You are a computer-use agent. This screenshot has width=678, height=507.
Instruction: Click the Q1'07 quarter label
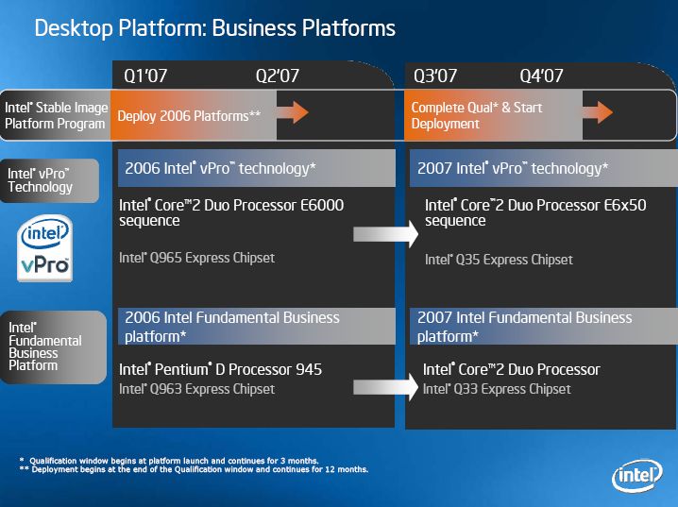pyautogui.click(x=145, y=76)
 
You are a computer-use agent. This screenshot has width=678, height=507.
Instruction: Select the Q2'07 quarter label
pyautogui.click(x=278, y=76)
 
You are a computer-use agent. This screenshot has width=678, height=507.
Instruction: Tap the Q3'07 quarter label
pyautogui.click(x=435, y=76)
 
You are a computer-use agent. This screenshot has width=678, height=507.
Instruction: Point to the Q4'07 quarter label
pyautogui.click(x=541, y=76)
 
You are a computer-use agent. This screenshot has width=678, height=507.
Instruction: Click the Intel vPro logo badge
pyautogui.click(x=45, y=248)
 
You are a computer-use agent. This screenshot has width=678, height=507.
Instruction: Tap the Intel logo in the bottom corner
pyautogui.click(x=637, y=476)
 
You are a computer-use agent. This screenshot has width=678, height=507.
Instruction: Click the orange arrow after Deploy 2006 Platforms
pyautogui.click(x=293, y=112)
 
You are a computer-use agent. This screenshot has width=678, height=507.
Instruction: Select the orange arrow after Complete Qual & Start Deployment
pyautogui.click(x=598, y=112)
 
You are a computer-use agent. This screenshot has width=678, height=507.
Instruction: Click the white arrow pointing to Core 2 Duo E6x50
pyautogui.click(x=385, y=234)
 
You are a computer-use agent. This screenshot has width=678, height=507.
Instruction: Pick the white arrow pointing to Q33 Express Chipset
pyautogui.click(x=385, y=387)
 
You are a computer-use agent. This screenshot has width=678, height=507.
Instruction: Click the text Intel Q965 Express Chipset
pyautogui.click(x=196, y=258)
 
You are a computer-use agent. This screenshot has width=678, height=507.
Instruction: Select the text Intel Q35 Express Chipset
pyautogui.click(x=499, y=260)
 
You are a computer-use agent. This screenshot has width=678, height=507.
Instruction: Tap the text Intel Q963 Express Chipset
pyautogui.click(x=196, y=389)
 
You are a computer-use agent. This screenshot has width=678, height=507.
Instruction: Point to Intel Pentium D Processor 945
pyautogui.click(x=220, y=369)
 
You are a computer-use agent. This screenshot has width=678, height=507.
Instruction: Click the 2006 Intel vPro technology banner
pyautogui.click(x=257, y=168)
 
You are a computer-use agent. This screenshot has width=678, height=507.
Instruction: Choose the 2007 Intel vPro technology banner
pyautogui.click(x=544, y=168)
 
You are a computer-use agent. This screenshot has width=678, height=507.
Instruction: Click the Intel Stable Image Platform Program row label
pyautogui.click(x=56, y=115)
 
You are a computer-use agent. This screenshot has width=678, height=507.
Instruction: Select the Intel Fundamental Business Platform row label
pyautogui.click(x=45, y=346)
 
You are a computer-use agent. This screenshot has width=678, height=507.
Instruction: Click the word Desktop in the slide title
pyautogui.click(x=74, y=28)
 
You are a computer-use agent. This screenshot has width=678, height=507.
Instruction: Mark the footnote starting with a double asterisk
pyautogui.click(x=194, y=469)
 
